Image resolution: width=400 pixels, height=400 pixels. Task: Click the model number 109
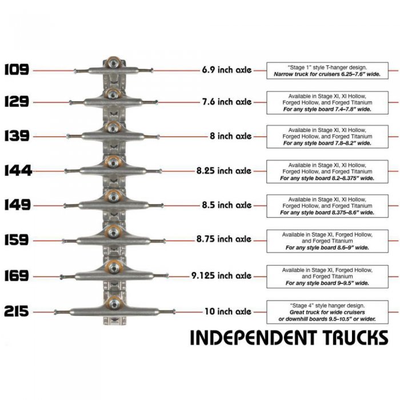[17, 70]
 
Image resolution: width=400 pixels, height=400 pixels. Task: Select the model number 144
[18, 171]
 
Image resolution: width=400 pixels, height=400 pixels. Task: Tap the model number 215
[17, 311]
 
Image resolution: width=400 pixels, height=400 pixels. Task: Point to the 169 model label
[17, 276]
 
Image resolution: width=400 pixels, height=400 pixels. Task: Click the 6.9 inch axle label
[227, 70]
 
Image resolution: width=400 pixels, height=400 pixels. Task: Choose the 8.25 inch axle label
[224, 171]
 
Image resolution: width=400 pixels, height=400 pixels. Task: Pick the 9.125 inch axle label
[222, 276]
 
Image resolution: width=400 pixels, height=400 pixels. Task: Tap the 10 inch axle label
[228, 311]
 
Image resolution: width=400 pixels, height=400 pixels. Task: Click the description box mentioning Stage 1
[327, 71]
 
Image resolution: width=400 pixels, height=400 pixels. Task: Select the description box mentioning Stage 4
[327, 312]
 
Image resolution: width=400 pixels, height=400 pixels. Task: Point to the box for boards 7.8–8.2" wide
[327, 137]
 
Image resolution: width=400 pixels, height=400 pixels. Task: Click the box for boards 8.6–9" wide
[327, 241]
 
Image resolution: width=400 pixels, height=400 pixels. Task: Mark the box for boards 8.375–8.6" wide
[327, 206]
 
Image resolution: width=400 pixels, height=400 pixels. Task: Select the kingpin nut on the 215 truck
[114, 303]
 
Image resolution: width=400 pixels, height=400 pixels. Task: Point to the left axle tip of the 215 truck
[55, 312]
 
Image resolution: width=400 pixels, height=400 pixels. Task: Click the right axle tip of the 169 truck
[167, 275]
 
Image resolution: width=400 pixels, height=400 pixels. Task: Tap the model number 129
[17, 102]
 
